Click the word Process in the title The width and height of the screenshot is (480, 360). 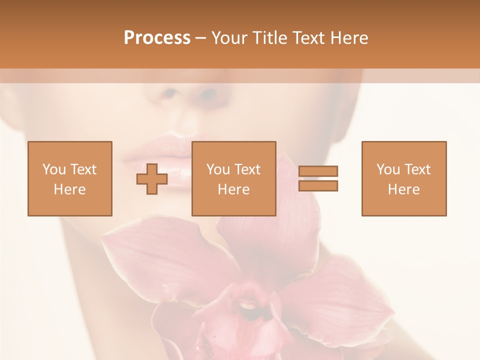click(x=157, y=38)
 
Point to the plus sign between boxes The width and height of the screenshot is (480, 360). click(x=152, y=179)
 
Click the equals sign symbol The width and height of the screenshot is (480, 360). click(x=318, y=178)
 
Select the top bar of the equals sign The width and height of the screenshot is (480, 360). click(x=318, y=171)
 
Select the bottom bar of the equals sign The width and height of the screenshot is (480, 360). click(x=318, y=185)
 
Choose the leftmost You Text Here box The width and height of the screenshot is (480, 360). click(x=70, y=178)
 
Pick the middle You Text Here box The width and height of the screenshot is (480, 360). click(x=233, y=178)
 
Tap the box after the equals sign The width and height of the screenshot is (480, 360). click(x=403, y=178)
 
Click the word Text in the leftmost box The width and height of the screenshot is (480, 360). click(x=83, y=169)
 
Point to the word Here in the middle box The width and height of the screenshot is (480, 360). click(x=233, y=189)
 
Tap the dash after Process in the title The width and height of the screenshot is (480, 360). click(x=201, y=38)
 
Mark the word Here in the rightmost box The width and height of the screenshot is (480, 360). click(x=403, y=189)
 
